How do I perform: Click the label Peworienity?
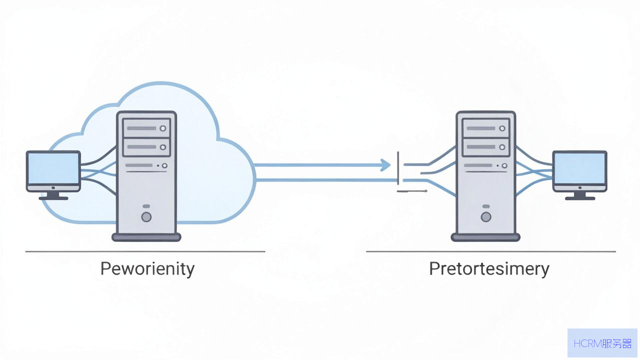(x=147, y=269)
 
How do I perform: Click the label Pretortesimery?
(x=489, y=269)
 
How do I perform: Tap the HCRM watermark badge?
(x=602, y=343)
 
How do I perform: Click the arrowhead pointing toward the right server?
(x=385, y=165)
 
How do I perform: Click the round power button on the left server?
(x=146, y=217)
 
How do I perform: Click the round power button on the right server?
(x=485, y=217)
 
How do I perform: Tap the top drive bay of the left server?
(x=146, y=128)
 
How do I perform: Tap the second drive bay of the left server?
(x=146, y=147)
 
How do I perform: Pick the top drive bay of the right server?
(x=485, y=128)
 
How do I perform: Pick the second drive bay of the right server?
(x=485, y=147)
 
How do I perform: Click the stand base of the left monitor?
(x=53, y=198)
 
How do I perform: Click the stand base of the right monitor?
(x=580, y=198)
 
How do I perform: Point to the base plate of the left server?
(x=146, y=237)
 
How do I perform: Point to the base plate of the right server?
(x=485, y=237)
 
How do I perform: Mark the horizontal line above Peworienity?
(x=145, y=251)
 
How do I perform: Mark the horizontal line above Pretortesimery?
(x=491, y=251)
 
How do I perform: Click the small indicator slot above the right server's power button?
(x=485, y=206)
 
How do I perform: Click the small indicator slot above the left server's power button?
(x=146, y=206)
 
